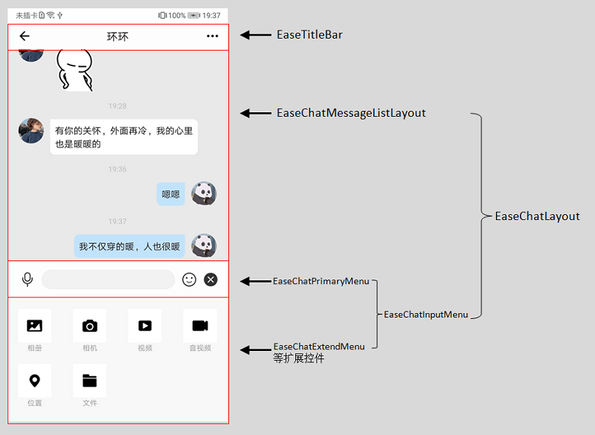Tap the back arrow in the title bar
point(25,36)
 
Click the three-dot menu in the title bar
point(212,36)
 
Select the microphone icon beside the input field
point(28,280)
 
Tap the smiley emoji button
point(189,280)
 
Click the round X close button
point(210,280)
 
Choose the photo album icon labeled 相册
point(34,326)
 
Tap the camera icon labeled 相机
point(90,326)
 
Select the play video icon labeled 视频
point(145,326)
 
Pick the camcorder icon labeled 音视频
point(200,326)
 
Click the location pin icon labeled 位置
point(34,381)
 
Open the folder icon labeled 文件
point(90,381)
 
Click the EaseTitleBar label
point(309,35)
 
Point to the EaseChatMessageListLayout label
point(351,113)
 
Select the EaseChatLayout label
point(537,216)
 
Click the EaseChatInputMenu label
point(425,315)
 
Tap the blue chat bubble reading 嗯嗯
point(171,194)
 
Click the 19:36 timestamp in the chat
point(118,169)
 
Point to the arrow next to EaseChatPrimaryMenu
point(256,281)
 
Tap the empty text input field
point(108,280)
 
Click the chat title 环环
point(118,36)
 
